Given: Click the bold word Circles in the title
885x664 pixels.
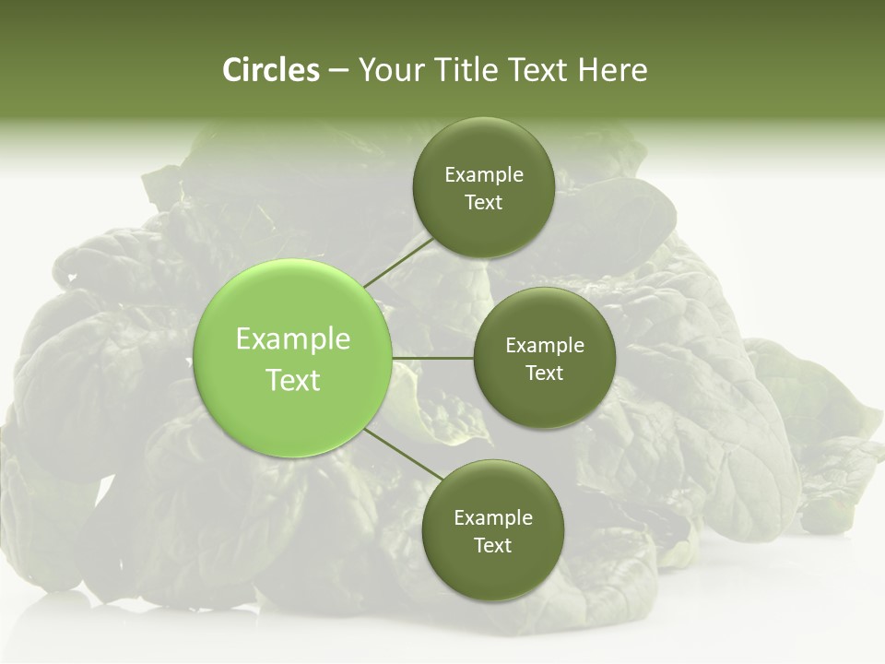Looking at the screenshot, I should (271, 70).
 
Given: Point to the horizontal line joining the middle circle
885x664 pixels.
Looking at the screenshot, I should (433, 358).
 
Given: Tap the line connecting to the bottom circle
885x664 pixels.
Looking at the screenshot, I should (403, 454).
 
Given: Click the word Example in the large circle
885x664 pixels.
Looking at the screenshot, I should (293, 339).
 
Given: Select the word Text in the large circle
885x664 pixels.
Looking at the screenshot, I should (293, 380).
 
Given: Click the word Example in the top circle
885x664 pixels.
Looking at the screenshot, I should (484, 175).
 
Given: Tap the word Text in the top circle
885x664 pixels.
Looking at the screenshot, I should (483, 203).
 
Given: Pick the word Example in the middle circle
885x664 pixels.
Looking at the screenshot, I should (545, 346).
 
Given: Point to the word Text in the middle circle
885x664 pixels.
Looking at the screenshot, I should (544, 373).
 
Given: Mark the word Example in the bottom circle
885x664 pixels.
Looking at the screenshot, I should (493, 518).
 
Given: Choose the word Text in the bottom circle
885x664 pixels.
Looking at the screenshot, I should (492, 546).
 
